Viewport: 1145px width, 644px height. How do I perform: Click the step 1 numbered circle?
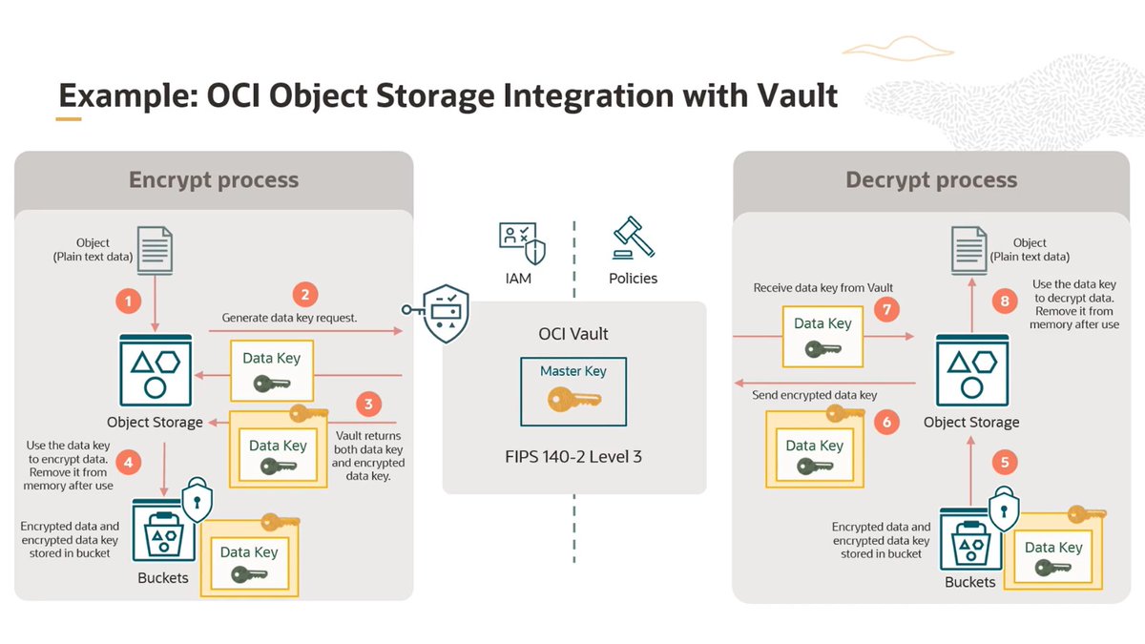pos(130,301)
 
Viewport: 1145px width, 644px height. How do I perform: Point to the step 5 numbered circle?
pos(1004,462)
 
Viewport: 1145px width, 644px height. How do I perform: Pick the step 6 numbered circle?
pos(886,422)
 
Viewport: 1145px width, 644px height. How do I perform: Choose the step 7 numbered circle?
pos(885,311)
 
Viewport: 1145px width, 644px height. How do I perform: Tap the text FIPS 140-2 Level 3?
pos(573,456)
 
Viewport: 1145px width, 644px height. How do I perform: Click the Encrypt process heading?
pos(214,180)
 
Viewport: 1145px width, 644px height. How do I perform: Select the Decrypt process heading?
pos(931,180)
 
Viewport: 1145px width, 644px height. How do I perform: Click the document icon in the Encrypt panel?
pos(155,251)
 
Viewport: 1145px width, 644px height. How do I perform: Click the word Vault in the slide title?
pos(788,95)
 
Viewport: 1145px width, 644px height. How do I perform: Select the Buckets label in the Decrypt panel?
pos(969,582)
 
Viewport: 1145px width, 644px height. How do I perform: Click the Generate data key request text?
pos(289,318)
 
